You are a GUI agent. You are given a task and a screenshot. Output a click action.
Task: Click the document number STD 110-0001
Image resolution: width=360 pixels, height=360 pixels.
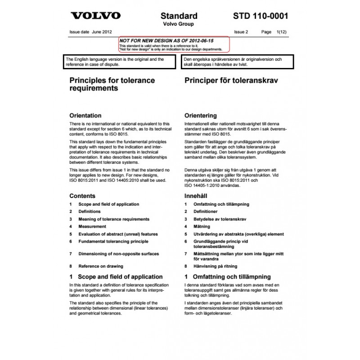(x=261, y=16)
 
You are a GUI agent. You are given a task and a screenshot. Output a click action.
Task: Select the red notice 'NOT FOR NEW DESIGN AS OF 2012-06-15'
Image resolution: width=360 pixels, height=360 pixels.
(x=166, y=40)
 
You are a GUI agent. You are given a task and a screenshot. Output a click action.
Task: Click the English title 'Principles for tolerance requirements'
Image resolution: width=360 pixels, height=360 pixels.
(x=112, y=84)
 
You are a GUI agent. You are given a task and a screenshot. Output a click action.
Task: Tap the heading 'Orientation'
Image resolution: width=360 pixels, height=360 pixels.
(x=85, y=115)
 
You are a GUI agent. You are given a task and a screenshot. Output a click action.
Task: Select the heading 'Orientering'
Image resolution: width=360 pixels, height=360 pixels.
(x=200, y=115)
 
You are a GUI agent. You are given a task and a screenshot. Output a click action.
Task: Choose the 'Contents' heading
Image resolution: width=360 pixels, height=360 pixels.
(x=82, y=196)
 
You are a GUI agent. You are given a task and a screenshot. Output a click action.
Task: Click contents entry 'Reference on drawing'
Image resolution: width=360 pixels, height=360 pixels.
(x=101, y=266)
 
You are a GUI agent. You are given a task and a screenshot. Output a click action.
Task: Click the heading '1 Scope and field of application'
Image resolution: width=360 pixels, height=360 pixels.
(x=116, y=276)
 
